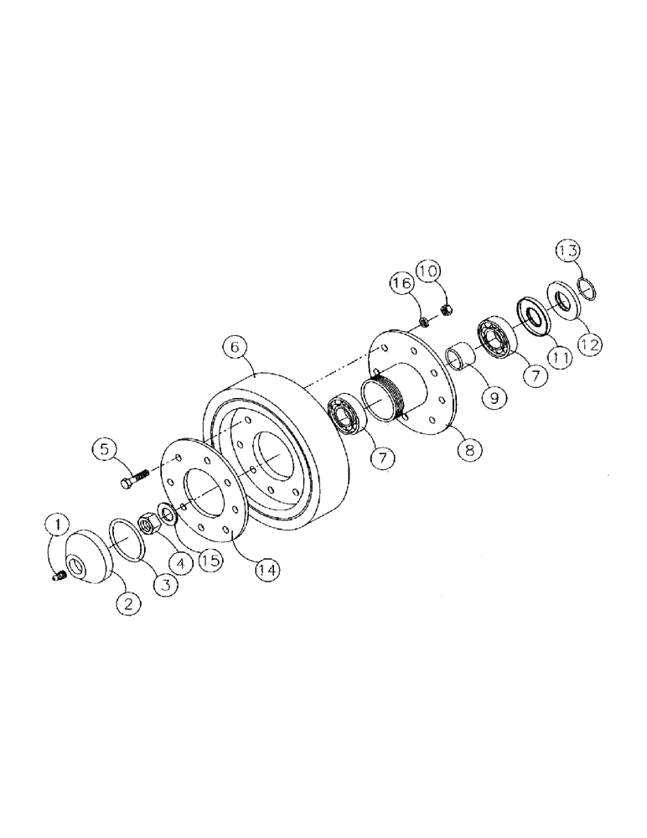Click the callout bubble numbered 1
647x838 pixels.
point(56,526)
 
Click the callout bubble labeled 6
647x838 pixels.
point(235,347)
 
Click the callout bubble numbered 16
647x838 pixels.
point(401,284)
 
